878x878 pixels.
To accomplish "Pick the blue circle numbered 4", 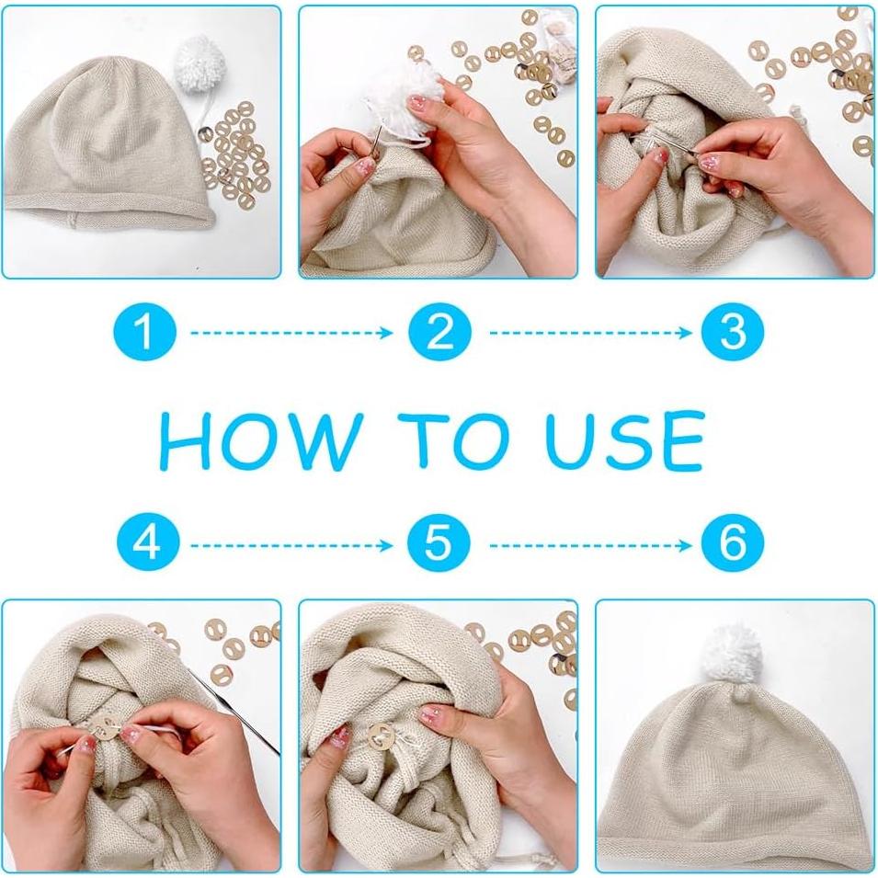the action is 148,542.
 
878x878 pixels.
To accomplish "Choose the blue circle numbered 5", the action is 439,542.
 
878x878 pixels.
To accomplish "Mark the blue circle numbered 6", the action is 733,542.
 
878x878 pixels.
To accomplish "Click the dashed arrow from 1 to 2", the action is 291,333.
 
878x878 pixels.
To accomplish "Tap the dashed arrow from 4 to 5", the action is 291,545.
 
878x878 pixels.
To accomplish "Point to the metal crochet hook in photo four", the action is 234,708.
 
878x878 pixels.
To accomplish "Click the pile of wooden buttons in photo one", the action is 234,154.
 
